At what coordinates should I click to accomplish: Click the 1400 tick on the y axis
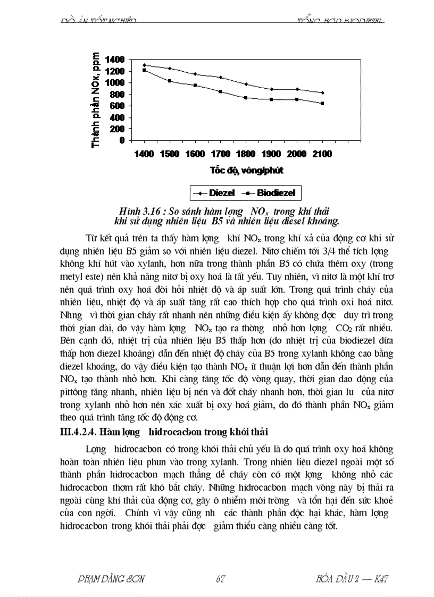click(x=115, y=60)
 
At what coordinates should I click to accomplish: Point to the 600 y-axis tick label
click(x=118, y=106)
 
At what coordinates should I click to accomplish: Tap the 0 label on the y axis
click(x=122, y=140)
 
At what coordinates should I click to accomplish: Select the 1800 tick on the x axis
click(x=246, y=154)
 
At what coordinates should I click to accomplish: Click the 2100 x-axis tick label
click(x=322, y=154)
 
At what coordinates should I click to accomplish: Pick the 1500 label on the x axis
click(x=170, y=154)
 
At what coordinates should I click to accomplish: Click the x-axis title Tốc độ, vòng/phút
click(x=246, y=171)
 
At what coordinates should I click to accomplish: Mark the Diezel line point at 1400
click(x=144, y=65)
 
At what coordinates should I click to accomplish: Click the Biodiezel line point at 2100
click(x=322, y=103)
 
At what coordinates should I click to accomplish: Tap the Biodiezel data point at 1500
click(x=170, y=81)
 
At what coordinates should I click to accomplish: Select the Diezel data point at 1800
click(x=246, y=84)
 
